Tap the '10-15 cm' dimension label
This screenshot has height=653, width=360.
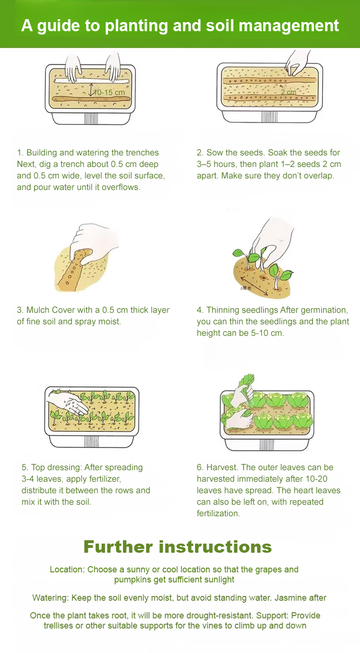109,93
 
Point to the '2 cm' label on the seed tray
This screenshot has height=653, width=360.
288,92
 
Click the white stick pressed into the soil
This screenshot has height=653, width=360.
92,80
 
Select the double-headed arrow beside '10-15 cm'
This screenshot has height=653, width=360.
91,90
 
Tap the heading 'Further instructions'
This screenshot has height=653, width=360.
178,546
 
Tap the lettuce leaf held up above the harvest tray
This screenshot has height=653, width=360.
247,382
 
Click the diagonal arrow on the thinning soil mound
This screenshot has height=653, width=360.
254,286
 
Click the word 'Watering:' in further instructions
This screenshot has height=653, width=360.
50,598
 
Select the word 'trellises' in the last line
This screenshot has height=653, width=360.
59,626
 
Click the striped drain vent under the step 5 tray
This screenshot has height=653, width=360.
91,441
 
